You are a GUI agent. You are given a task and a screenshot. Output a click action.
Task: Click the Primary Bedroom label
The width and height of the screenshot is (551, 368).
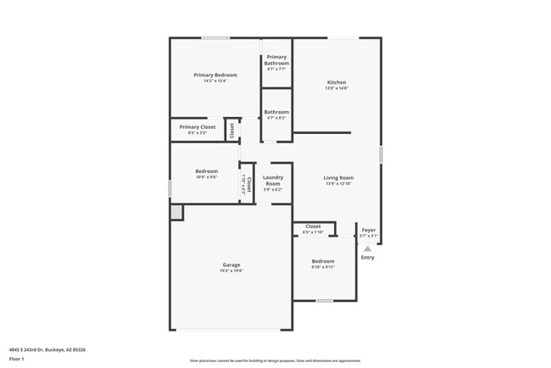tap(214, 75)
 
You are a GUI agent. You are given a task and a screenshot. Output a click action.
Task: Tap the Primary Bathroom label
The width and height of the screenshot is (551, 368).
tap(276, 60)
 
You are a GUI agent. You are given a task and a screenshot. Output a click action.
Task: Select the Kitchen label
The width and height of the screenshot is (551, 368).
tap(337, 81)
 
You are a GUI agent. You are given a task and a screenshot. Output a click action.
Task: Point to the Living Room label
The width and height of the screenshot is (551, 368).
tap(337, 178)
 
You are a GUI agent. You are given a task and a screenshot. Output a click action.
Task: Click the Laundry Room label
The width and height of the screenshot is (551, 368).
tap(273, 180)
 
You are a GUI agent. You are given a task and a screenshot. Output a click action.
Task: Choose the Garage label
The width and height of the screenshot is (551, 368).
tap(231, 265)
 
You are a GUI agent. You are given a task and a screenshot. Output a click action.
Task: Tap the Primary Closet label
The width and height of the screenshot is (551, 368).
tap(197, 127)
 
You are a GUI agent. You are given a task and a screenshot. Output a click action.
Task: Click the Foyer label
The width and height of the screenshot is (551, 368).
tap(369, 230)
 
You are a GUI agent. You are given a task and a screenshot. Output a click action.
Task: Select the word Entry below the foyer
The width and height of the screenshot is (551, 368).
tap(367, 258)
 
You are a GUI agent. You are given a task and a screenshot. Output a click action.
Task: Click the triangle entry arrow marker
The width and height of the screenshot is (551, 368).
tap(367, 248)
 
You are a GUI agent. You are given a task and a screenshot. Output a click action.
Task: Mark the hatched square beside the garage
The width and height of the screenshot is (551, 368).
tap(176, 214)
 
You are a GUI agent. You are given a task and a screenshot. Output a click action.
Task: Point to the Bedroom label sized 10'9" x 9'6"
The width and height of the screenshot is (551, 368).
tap(207, 171)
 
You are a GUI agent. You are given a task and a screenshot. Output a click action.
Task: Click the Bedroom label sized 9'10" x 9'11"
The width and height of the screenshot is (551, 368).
tap(323, 261)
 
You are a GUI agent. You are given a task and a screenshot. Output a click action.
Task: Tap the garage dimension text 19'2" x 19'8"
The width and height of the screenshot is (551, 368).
tap(231, 270)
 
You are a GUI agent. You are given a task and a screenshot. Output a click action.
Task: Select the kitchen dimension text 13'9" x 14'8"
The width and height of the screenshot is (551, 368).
tap(337, 87)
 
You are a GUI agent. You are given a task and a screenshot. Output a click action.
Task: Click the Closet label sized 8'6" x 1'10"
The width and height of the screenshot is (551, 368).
tap(313, 226)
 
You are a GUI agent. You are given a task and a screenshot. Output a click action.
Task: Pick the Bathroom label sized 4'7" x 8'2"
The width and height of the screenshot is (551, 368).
tap(276, 112)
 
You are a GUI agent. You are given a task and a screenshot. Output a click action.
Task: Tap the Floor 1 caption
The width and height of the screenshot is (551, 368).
tap(17, 359)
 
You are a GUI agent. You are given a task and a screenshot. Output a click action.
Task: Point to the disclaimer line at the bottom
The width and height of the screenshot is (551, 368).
tap(275, 360)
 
